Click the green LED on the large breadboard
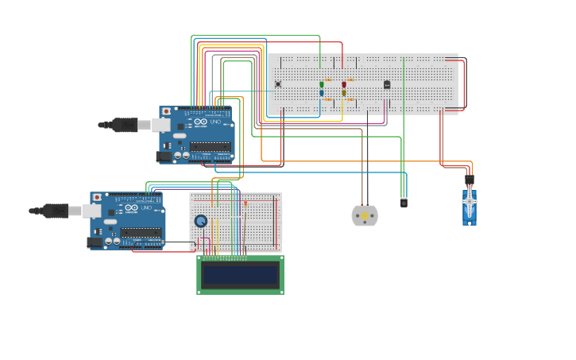(x=322, y=84)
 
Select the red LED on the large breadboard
(x=344, y=84)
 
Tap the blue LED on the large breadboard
(x=322, y=93)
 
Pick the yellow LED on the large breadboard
(x=344, y=93)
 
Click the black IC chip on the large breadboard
(x=387, y=84)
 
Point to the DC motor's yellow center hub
(x=365, y=215)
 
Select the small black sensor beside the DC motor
(x=404, y=203)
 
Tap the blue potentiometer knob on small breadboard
(x=201, y=221)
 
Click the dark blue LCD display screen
(x=240, y=275)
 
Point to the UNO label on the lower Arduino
(x=146, y=207)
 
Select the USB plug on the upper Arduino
(x=127, y=125)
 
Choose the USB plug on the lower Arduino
(x=58, y=211)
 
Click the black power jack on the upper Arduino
(x=164, y=157)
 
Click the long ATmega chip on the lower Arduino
(x=141, y=233)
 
